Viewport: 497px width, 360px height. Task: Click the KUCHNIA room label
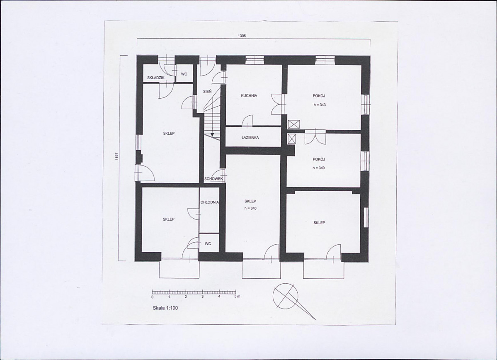click(x=249, y=95)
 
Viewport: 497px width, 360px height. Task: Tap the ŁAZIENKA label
click(x=250, y=138)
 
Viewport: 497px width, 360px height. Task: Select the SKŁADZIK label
click(x=155, y=78)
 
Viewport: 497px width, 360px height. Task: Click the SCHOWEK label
click(x=213, y=179)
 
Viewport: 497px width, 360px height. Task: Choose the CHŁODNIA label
click(x=209, y=202)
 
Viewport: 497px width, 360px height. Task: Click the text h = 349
click(x=318, y=168)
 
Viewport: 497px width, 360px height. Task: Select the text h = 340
click(x=250, y=208)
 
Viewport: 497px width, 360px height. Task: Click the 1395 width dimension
click(x=242, y=36)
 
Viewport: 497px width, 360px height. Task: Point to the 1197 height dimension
click(x=117, y=158)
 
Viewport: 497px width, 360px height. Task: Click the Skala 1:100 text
click(x=165, y=308)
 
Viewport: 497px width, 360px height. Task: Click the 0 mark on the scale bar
click(x=153, y=297)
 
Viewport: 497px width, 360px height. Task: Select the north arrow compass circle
click(x=285, y=295)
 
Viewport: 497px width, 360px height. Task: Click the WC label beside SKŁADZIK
click(x=184, y=74)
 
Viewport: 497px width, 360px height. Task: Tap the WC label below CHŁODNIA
click(x=208, y=243)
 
